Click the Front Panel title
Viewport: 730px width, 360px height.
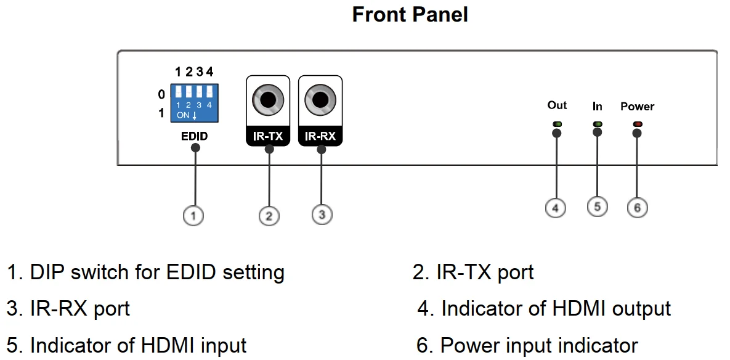[410, 14]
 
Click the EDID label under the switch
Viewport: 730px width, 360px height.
[194, 136]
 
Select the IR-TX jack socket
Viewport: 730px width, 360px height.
[268, 99]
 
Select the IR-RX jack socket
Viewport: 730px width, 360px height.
[320, 99]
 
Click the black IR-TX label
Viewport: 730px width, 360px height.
[268, 136]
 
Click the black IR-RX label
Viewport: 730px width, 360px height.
[320, 136]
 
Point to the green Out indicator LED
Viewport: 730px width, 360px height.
[558, 124]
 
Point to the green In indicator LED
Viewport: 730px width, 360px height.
[597, 124]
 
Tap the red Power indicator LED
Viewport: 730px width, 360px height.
[638, 124]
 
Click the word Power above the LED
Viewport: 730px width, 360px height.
[638, 107]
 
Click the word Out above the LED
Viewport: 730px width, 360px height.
[557, 105]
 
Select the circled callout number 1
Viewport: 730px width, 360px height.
[193, 216]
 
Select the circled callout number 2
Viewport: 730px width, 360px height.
[269, 216]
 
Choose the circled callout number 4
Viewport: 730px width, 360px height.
[556, 208]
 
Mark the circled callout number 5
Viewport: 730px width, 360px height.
[597, 207]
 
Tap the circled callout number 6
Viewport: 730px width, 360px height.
[638, 208]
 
